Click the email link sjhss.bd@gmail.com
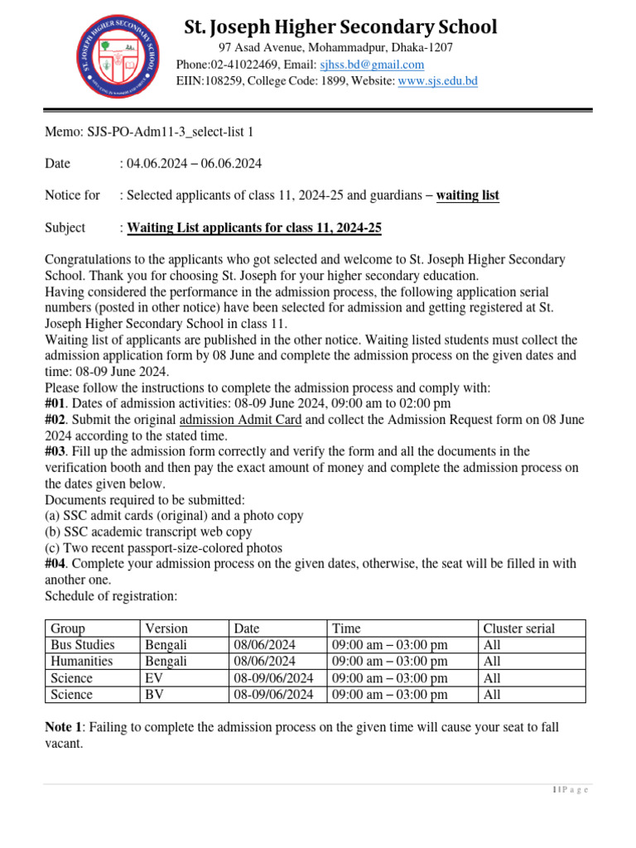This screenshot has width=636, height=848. [372, 65]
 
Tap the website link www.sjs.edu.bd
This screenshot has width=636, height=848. [437, 81]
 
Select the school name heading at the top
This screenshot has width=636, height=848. [340, 27]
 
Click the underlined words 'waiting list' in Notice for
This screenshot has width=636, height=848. [468, 195]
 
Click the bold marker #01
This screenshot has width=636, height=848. [57, 403]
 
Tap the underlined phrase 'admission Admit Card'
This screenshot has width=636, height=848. [240, 420]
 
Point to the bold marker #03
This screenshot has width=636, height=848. [57, 451]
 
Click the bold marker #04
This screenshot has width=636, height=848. [57, 564]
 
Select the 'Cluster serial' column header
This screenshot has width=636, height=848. [518, 629]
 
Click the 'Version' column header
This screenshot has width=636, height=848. [166, 629]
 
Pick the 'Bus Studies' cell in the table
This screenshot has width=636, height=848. [83, 645]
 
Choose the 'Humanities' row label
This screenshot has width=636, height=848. [82, 662]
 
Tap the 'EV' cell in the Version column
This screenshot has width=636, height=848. [154, 678]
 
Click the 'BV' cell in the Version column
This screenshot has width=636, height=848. [154, 695]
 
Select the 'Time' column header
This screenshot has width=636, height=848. [346, 629]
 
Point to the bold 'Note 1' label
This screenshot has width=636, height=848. [64, 727]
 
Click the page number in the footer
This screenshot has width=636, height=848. [570, 790]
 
